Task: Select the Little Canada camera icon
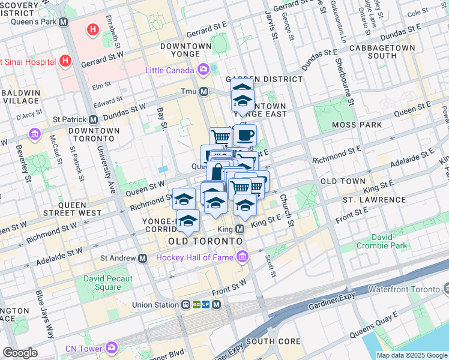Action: [x=205, y=70]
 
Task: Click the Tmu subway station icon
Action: [x=204, y=92]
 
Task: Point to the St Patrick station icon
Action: [x=93, y=120]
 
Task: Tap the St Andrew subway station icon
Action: [x=143, y=259]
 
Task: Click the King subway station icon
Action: [x=240, y=229]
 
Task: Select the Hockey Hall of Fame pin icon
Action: [x=243, y=257]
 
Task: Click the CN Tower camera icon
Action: [x=112, y=347]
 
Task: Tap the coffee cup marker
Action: [x=244, y=136]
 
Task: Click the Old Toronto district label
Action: [x=206, y=241]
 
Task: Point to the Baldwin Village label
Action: [x=20, y=97]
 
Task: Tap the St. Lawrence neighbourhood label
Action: [x=374, y=199]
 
